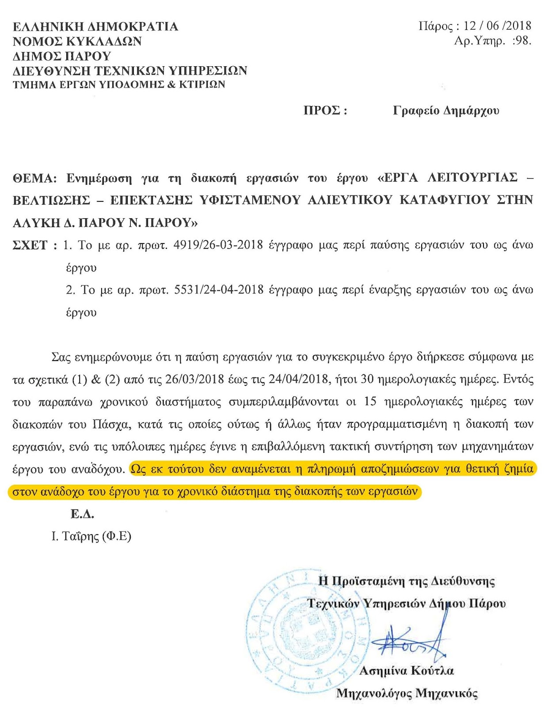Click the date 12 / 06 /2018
(497, 26)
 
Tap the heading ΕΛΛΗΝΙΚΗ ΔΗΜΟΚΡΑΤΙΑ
(95, 27)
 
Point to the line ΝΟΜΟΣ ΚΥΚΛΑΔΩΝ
(77, 42)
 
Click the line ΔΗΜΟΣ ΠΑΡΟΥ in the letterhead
(62, 56)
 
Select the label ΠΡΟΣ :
(325, 110)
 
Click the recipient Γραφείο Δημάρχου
(446, 110)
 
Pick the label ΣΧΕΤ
(30, 245)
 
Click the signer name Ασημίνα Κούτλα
(407, 671)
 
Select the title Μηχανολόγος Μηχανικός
(407, 693)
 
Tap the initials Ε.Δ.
(82, 514)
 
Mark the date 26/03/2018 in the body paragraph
(193, 379)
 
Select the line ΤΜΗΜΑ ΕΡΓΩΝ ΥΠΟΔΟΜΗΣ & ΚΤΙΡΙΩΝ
(119, 84)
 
